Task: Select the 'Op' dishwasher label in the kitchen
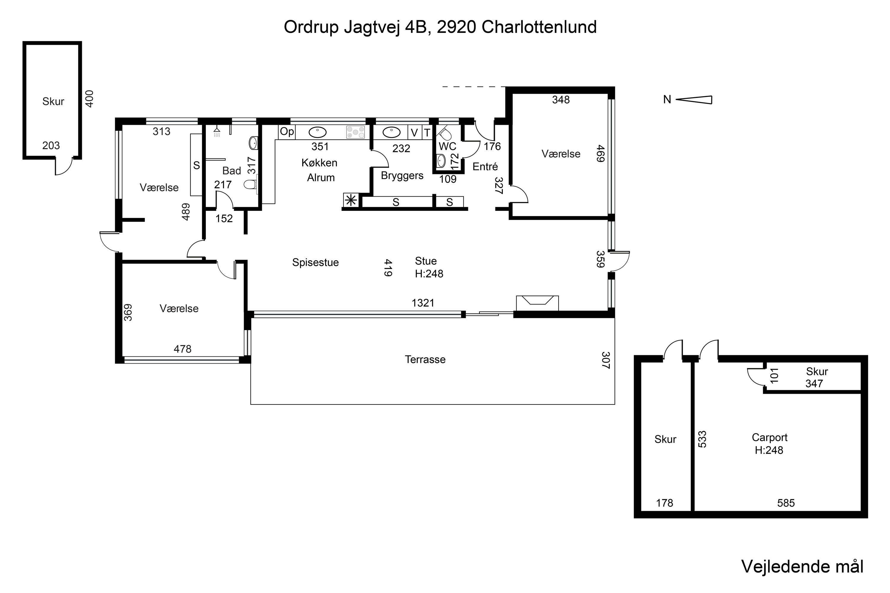pos(287,132)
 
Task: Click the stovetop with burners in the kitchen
pos(355,132)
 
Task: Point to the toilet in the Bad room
pos(250,184)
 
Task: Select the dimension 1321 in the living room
pos(423,303)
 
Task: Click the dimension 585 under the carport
pos(786,503)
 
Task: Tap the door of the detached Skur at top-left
pos(63,167)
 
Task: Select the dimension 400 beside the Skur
pos(90,99)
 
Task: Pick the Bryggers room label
pos(402,176)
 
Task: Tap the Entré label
pos(485,166)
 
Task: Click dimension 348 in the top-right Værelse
pos(560,100)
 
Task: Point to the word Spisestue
pos(315,262)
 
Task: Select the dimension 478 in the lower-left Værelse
pos(182,349)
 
